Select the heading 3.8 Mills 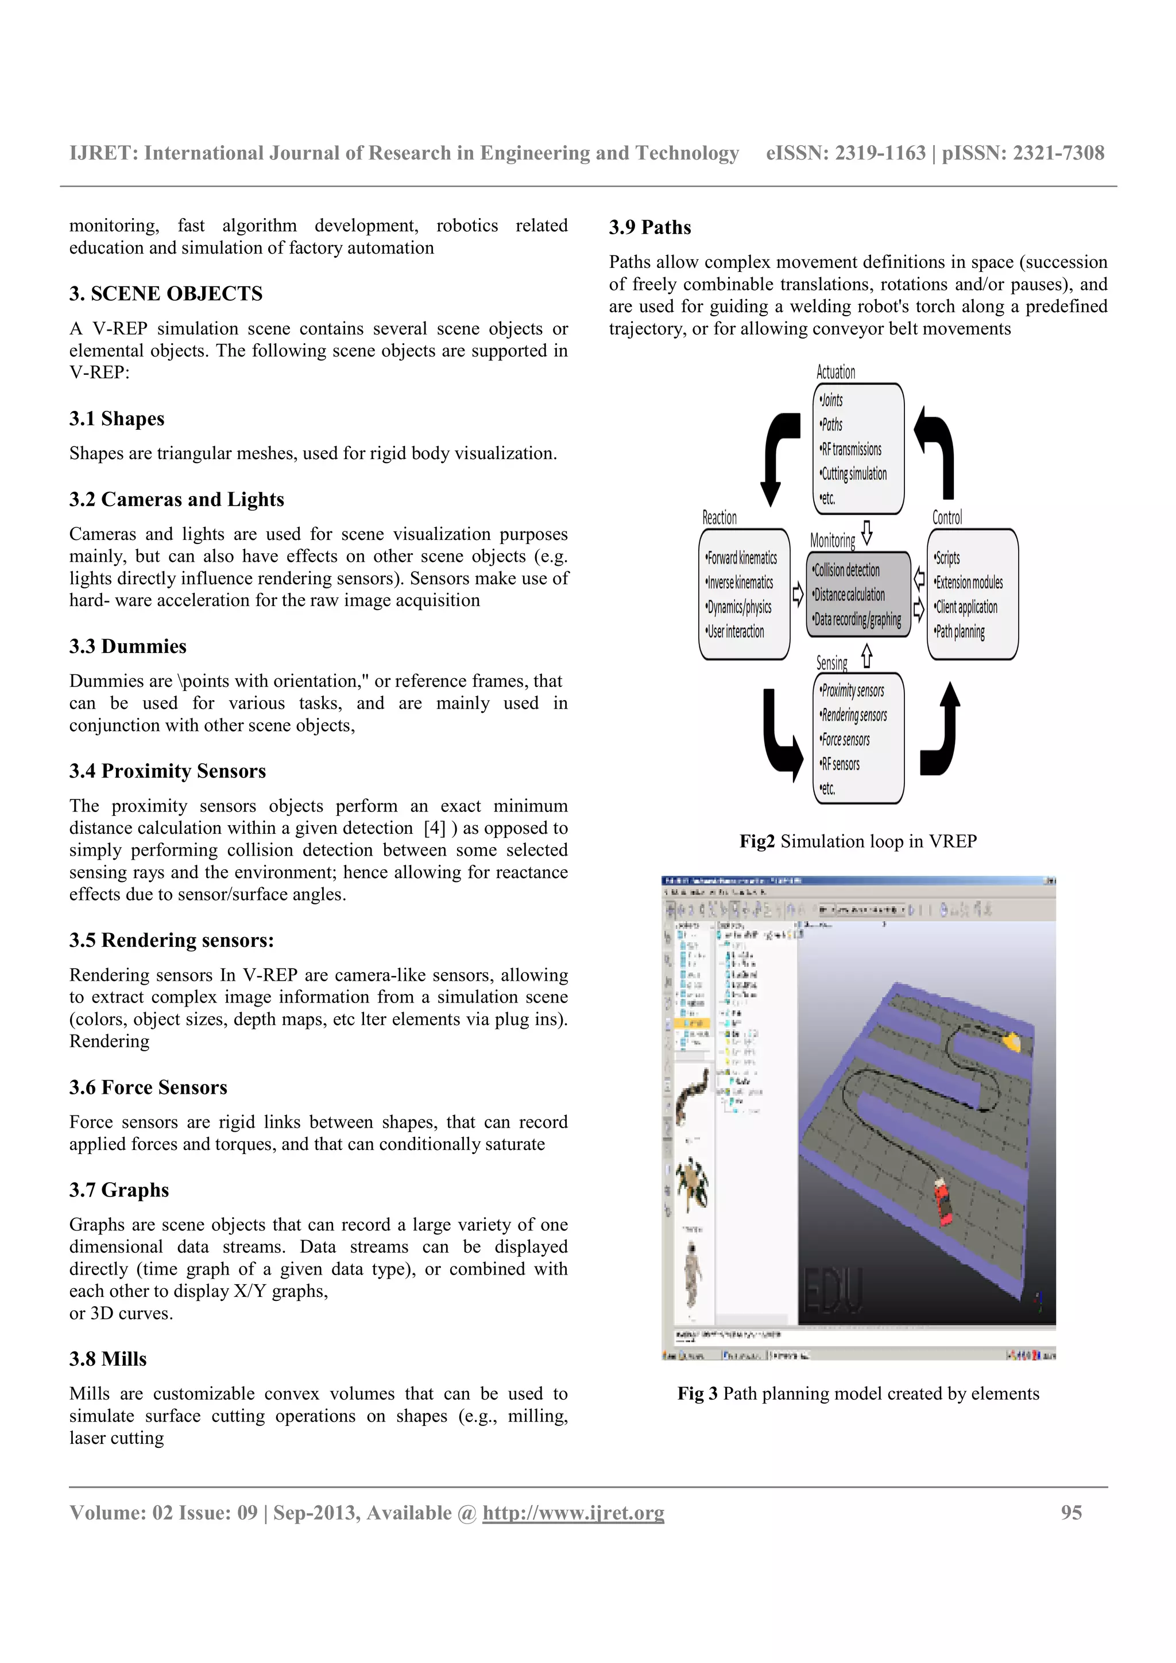pyautogui.click(x=108, y=1359)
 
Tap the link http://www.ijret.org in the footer pyautogui.click(x=573, y=1513)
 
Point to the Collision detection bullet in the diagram pyautogui.click(x=846, y=570)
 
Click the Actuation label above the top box pyautogui.click(x=835, y=372)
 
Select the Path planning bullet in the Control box pyautogui.click(x=960, y=632)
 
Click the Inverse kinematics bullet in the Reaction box pyautogui.click(x=740, y=582)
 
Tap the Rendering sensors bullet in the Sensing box pyautogui.click(x=853, y=716)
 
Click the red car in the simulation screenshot pyautogui.click(x=943, y=1201)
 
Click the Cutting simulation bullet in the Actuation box pyautogui.click(x=853, y=473)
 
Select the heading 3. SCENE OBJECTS pyautogui.click(x=166, y=293)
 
